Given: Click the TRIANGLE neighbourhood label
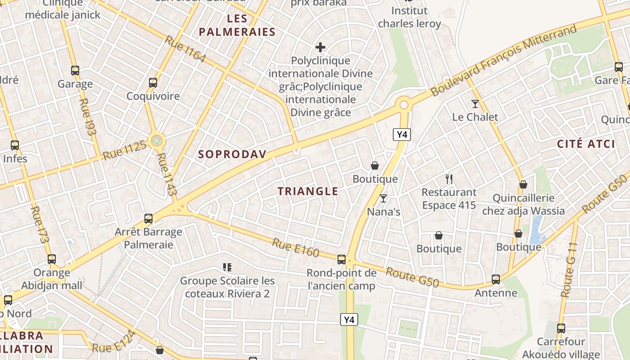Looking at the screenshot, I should pyautogui.click(x=308, y=191).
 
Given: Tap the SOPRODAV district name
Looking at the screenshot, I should pyautogui.click(x=232, y=154).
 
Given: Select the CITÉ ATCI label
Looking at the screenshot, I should pyautogui.click(x=586, y=144).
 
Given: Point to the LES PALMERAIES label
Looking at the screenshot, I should pyautogui.click(x=237, y=25).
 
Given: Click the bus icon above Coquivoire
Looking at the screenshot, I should pyautogui.click(x=153, y=83).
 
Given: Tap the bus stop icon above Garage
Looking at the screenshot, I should pyautogui.click(x=75, y=71).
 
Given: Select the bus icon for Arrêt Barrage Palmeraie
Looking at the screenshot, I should pyautogui.click(x=148, y=219).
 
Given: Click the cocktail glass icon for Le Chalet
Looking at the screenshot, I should pyautogui.click(x=475, y=104).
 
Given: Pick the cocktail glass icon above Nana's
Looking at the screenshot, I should pyautogui.click(x=383, y=198).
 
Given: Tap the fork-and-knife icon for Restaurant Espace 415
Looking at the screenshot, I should pyautogui.click(x=449, y=179).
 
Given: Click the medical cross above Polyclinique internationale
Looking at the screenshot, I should pyautogui.click(x=320, y=47).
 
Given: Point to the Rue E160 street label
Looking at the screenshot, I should pyautogui.click(x=295, y=247).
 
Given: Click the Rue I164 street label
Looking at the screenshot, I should pyautogui.click(x=185, y=49).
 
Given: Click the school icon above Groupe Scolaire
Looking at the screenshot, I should pyautogui.click(x=227, y=268).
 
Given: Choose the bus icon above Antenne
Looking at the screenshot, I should pyautogui.click(x=496, y=279).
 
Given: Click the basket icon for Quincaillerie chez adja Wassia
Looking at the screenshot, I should pyautogui.click(x=523, y=184).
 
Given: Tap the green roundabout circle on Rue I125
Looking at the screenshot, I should pyautogui.click(x=157, y=141).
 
